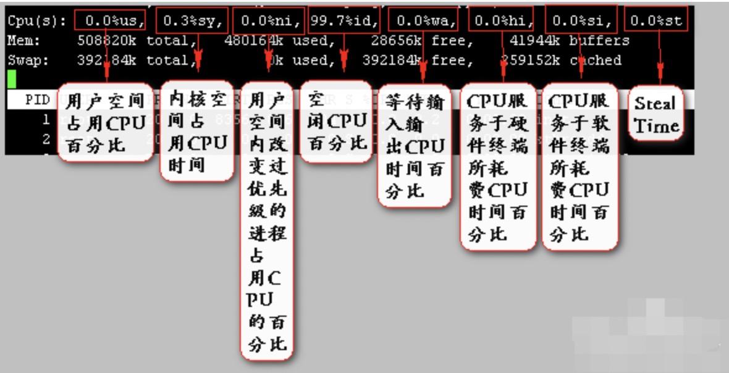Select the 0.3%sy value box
[x=191, y=20]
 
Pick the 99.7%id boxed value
[x=344, y=20]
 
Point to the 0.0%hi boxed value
[x=501, y=20]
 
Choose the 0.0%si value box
[x=581, y=20]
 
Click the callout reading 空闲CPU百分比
[x=336, y=122]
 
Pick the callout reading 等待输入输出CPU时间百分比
[x=415, y=146]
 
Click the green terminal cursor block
[x=12, y=79]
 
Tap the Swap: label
[x=28, y=61]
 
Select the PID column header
[x=38, y=99]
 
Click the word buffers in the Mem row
[x=599, y=41]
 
